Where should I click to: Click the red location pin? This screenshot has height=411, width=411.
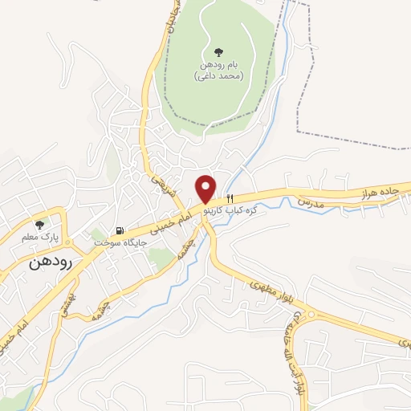pyautogui.click(x=207, y=188)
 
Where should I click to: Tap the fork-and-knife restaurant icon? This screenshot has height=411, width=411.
pyautogui.click(x=230, y=197)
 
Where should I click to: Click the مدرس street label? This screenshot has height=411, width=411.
pyautogui.click(x=311, y=203)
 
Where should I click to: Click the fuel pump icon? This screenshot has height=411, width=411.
pyautogui.click(x=119, y=229)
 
